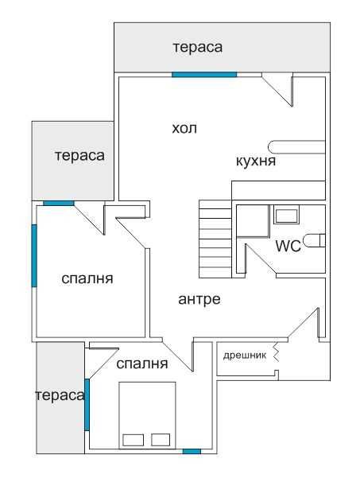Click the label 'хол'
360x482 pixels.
tap(184, 129)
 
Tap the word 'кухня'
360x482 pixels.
tap(256, 161)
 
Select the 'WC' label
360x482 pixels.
tap(288, 247)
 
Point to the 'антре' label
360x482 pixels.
tap(199, 299)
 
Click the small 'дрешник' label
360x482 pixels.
tap(245, 356)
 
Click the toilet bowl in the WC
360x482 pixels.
tap(314, 240)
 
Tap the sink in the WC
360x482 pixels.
tap(286, 216)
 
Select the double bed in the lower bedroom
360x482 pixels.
tap(147, 415)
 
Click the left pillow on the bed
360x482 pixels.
tap(133, 440)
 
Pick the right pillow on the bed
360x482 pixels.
tap(161, 440)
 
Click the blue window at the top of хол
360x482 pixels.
tap(204, 75)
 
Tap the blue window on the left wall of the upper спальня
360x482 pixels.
tap(34, 256)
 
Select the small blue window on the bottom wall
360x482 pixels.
tap(192, 451)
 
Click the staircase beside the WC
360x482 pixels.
tap(215, 239)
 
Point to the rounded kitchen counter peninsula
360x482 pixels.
tap(296, 147)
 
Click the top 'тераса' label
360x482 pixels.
tap(198, 48)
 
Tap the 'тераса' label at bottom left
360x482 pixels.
tap(60, 395)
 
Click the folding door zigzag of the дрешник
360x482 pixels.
tap(276, 352)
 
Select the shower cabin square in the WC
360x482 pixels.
tap(253, 221)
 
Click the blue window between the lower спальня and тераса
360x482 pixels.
tap(87, 405)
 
